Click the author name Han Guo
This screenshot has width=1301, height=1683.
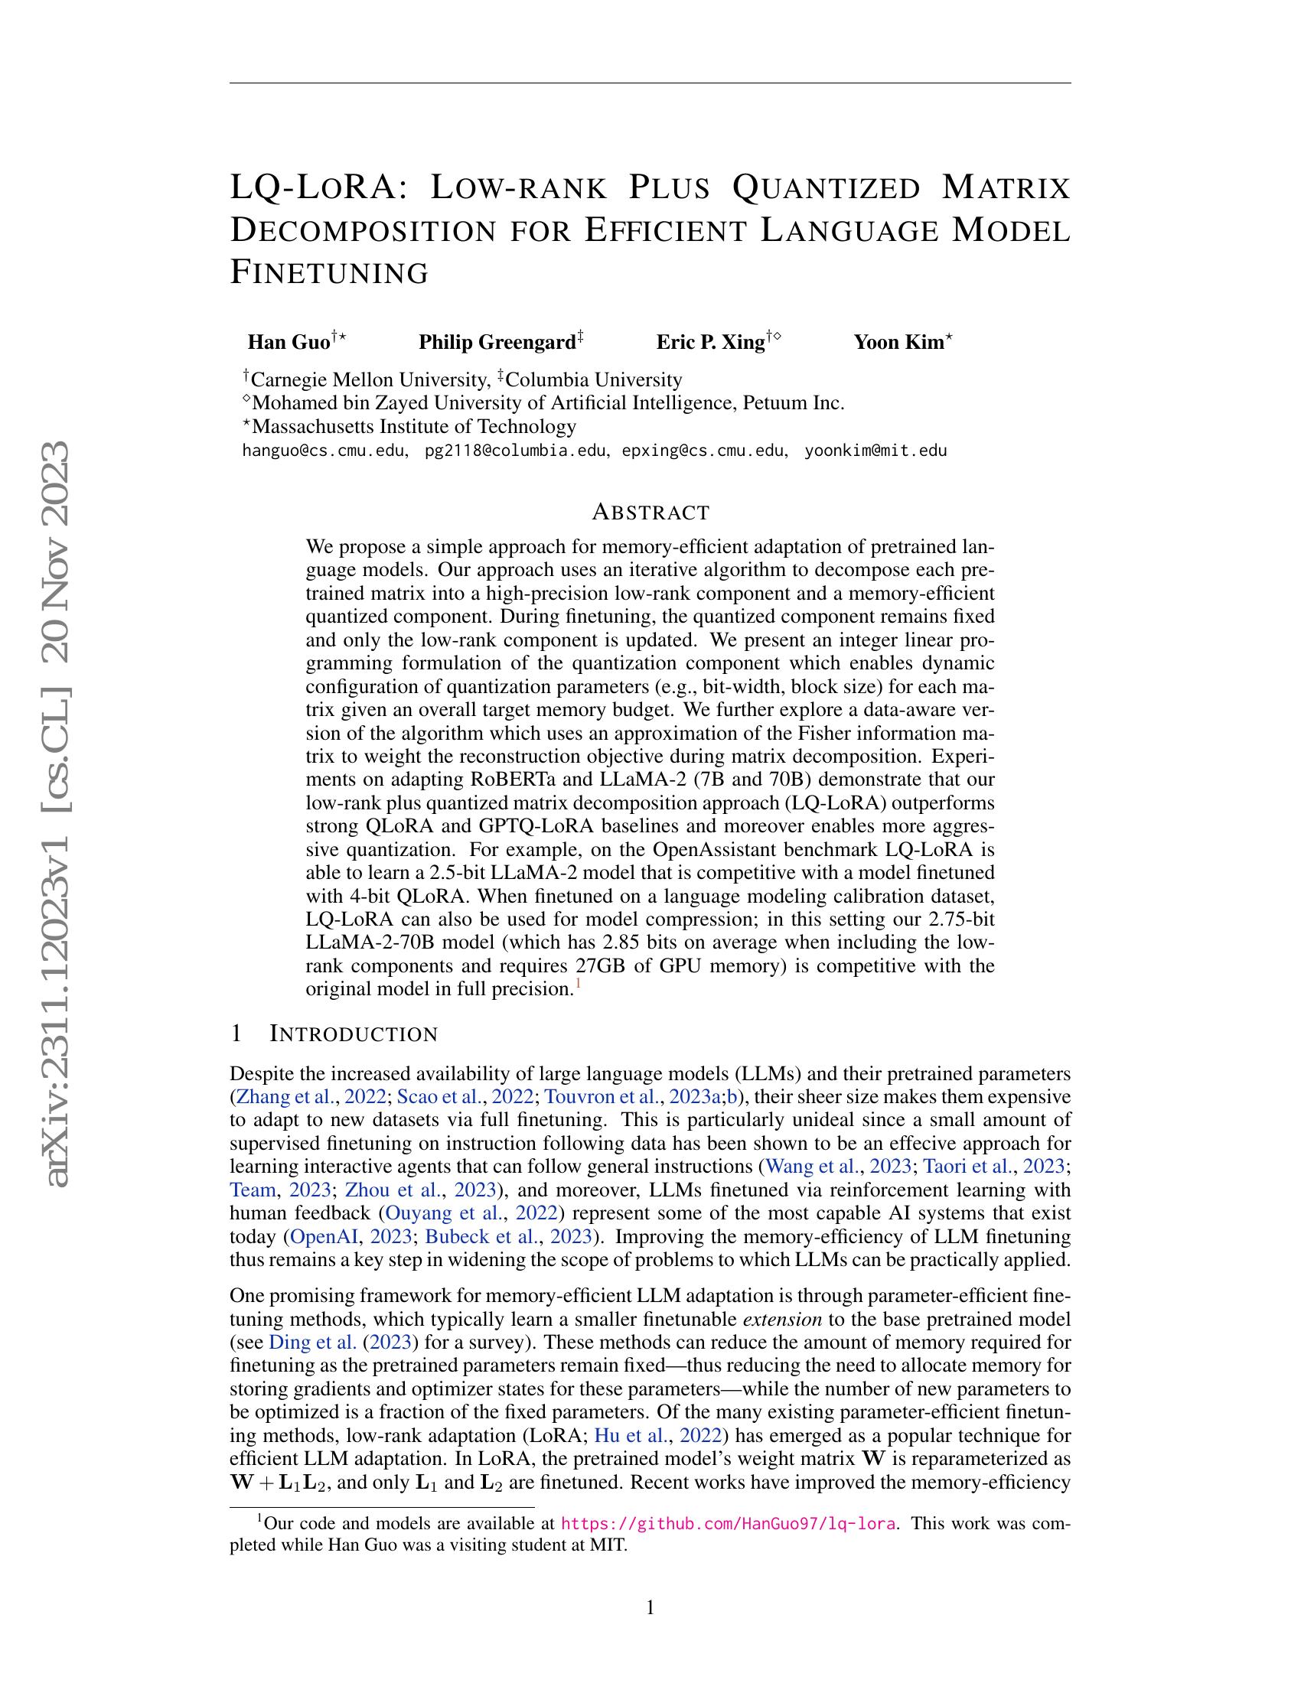tap(289, 342)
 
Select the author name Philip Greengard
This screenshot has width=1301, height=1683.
tap(497, 342)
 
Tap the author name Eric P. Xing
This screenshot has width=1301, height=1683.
tap(710, 342)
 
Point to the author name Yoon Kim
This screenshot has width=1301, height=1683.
tap(898, 342)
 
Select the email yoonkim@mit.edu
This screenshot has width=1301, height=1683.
tap(875, 451)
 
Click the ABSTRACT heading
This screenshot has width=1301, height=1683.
tap(650, 512)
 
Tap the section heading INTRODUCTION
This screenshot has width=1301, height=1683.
tap(354, 1034)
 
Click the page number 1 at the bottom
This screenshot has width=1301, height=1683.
tap(650, 1607)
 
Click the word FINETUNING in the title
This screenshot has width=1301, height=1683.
tap(329, 273)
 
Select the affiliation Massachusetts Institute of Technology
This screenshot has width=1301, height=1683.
tap(414, 426)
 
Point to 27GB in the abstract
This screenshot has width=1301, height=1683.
tap(602, 965)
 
